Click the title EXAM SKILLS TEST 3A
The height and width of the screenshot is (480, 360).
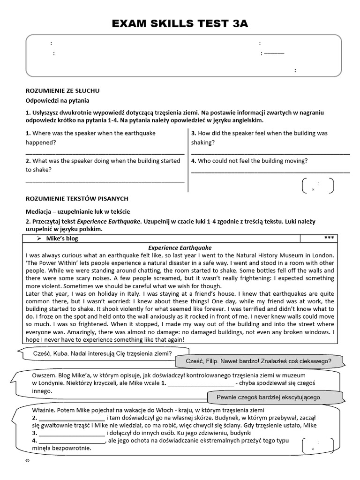pos(180,24)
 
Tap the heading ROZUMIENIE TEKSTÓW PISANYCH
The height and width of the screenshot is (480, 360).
pos(77,199)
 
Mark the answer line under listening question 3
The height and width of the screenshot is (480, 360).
pos(270,153)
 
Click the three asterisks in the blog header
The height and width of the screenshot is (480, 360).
pos(329,238)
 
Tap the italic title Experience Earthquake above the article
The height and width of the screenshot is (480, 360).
pos(180,247)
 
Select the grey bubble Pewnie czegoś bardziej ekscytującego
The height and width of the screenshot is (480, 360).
pos(269,397)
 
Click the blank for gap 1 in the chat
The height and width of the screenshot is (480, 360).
pos(200,385)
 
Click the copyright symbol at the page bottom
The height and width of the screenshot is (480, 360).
pos(28,461)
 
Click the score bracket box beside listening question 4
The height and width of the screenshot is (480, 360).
pos(318,186)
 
